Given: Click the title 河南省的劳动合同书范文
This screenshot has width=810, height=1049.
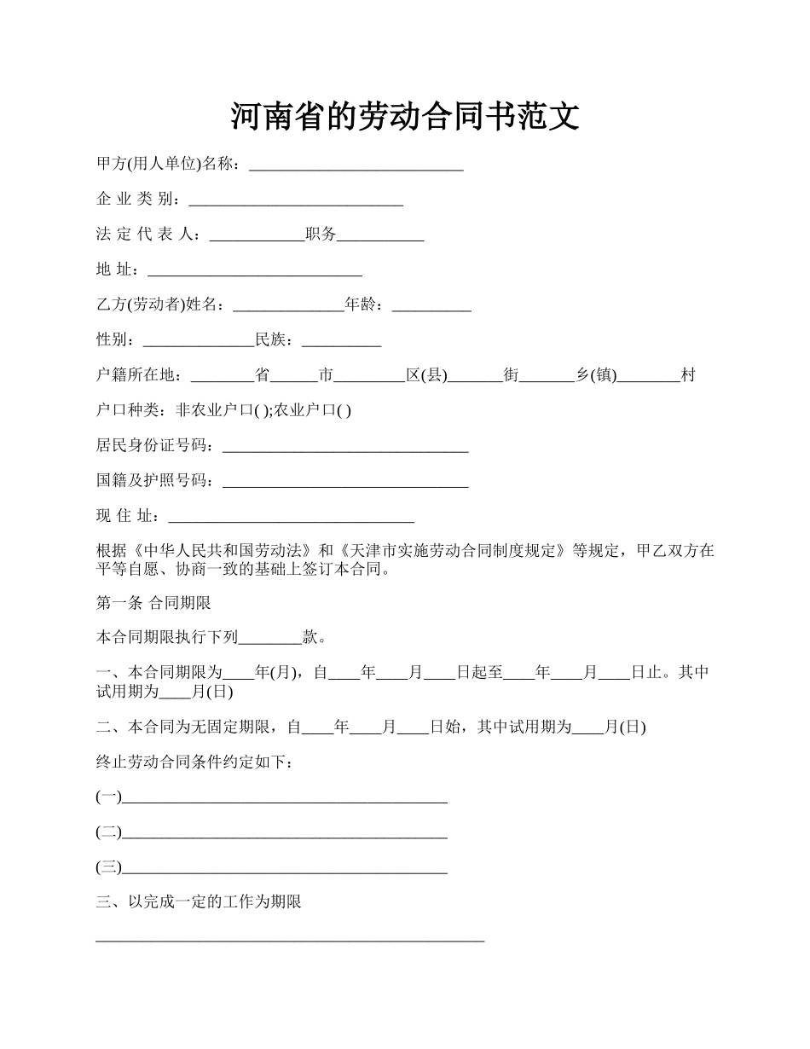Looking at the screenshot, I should (405, 117).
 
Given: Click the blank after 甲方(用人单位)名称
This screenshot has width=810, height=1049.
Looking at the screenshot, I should (356, 165).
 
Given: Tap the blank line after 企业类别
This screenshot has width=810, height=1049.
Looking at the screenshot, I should (295, 200).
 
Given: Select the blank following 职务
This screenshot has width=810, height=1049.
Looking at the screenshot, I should (380, 235).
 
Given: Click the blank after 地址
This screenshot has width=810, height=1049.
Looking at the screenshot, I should (255, 270).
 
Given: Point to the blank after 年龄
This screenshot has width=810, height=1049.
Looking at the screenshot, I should (431, 305).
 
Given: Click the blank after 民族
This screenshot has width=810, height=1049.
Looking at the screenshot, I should (341, 340).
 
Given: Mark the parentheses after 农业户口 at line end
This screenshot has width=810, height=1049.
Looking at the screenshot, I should (344, 411).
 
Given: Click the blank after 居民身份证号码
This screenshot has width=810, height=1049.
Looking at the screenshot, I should (344, 446).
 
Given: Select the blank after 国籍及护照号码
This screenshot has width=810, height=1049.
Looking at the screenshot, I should (345, 481).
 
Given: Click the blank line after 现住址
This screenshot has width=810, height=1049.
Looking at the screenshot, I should (292, 516).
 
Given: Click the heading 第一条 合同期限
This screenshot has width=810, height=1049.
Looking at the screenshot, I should (153, 603).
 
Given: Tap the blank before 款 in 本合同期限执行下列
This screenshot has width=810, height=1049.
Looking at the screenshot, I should (270, 638).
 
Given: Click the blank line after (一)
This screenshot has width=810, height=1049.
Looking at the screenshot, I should (285, 797).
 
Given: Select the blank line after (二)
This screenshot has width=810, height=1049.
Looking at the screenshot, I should (285, 832).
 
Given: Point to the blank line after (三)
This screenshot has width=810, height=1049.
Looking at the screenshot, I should (285, 868).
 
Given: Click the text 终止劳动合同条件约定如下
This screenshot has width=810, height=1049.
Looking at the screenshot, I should (195, 762).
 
